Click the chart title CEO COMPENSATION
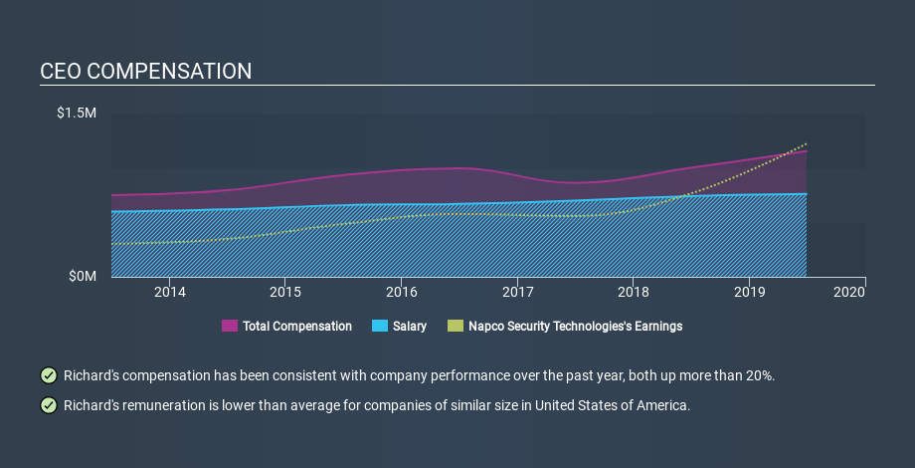point(146,72)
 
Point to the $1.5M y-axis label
point(77,113)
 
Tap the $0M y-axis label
point(83,277)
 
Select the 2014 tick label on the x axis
point(170,292)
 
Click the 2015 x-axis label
point(285,292)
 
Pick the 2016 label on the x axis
point(402,292)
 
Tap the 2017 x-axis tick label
point(517,292)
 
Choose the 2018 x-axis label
point(634,292)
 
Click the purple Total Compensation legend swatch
point(230,326)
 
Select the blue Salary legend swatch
point(380,326)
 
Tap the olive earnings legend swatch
point(456,326)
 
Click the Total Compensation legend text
point(297,326)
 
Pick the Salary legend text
point(410,326)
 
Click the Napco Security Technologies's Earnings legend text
point(576,326)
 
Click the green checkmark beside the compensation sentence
point(49,375)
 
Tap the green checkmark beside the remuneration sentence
point(49,405)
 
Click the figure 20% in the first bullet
point(761,375)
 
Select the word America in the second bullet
point(669,405)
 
